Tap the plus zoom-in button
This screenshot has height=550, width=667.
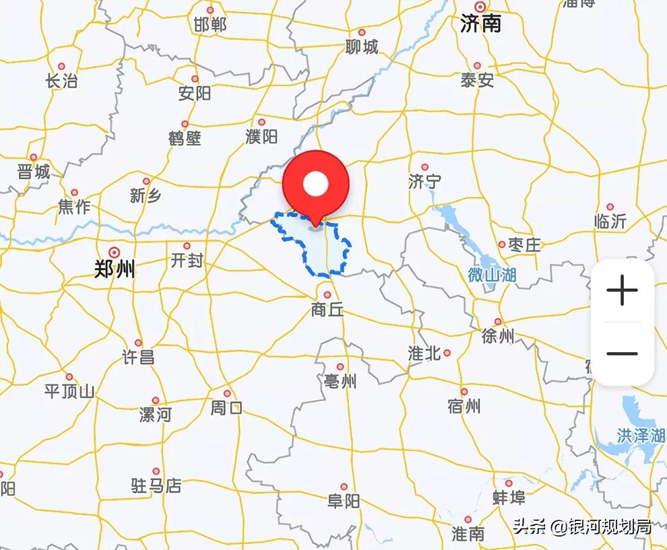pos(622,291)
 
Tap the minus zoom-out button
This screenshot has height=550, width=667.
pos(622,353)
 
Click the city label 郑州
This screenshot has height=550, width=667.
pos(114,270)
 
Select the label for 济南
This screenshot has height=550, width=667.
pos(480,24)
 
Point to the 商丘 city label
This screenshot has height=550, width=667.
pos(327,310)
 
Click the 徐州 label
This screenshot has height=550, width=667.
pos(498,336)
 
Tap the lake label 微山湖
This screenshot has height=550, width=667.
pos(492,275)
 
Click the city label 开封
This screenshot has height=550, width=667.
pos(187,261)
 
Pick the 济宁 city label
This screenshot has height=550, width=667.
pos(424,181)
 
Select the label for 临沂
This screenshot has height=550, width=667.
pos(610,221)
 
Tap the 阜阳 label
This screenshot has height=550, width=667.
pos(344,501)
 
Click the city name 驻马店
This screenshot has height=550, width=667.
pos(156,485)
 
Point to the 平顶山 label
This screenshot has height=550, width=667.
pos(69,390)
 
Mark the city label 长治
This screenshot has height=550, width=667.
pos(61,81)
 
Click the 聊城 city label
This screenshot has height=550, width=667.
pos(362,47)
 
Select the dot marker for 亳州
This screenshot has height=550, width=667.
pos(340,367)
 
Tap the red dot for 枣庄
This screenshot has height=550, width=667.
pos(502,244)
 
